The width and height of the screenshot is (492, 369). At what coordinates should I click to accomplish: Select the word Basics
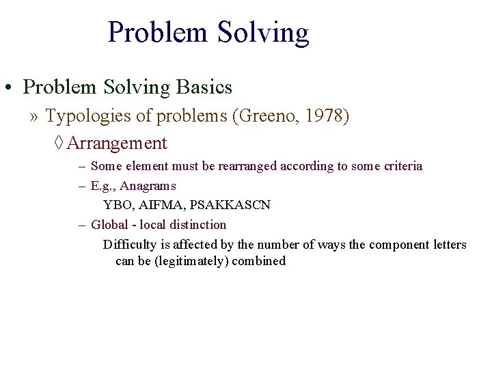click(x=204, y=87)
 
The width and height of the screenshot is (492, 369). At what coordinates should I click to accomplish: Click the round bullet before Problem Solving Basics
click(x=10, y=88)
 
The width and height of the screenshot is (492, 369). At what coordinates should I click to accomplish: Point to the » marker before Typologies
click(x=34, y=117)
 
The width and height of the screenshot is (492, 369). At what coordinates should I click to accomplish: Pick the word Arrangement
click(x=117, y=143)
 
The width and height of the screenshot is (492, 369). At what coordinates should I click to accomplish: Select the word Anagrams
click(x=148, y=186)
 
